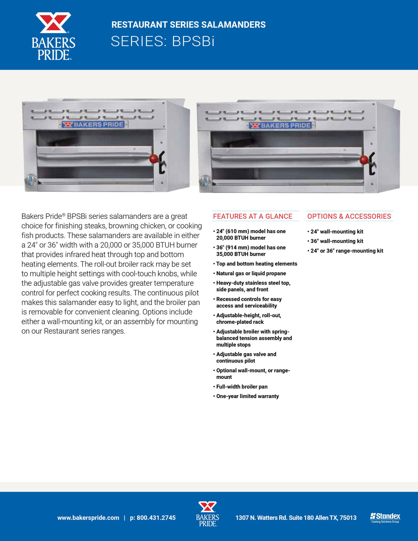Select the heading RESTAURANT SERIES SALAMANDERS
(188, 24)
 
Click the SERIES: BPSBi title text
(162, 41)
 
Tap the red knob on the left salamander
(154, 158)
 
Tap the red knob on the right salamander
(364, 160)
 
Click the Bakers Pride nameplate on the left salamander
(93, 125)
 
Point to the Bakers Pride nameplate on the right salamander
(280, 125)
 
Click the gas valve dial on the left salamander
(30, 180)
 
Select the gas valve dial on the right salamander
(205, 181)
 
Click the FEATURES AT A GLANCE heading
(253, 216)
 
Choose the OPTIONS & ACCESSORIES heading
(349, 216)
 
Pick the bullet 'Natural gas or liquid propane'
(251, 274)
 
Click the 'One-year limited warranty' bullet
(247, 396)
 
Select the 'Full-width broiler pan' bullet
(242, 387)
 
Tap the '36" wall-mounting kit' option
(337, 241)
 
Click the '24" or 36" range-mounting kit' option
(347, 251)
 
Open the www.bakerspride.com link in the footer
(88, 518)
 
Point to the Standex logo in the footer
(385, 517)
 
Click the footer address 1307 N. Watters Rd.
(296, 518)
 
